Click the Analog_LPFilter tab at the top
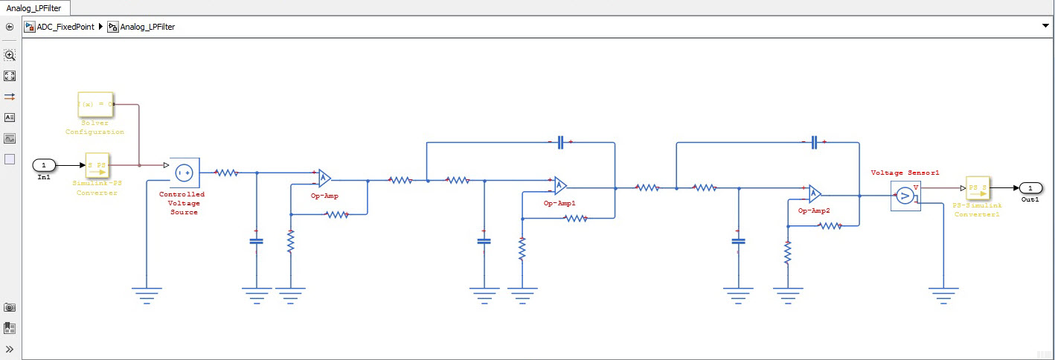point(34,8)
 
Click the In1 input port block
point(44,164)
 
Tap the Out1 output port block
point(1030,187)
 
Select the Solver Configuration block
point(95,105)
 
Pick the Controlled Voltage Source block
point(183,173)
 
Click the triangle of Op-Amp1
point(559,185)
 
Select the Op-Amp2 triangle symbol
point(815,194)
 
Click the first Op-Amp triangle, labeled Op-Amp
point(324,178)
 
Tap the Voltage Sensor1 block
point(905,196)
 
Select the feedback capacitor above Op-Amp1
point(560,142)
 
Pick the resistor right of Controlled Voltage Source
point(226,173)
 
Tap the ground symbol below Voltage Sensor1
point(944,295)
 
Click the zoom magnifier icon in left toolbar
point(10,55)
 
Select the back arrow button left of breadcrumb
point(10,27)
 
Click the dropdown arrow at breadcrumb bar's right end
point(1045,26)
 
